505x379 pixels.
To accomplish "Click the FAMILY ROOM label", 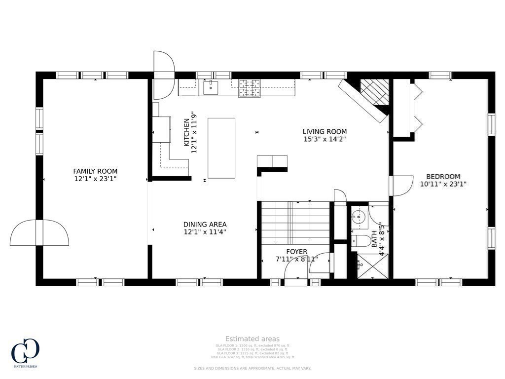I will pyautogui.click(x=96, y=171).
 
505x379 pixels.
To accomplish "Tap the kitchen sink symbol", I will pyautogui.click(x=211, y=88).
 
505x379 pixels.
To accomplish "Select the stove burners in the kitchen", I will pyautogui.click(x=250, y=88).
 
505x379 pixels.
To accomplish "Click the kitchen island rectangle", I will pyautogui.click(x=221, y=148).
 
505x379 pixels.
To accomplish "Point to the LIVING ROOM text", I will pyautogui.click(x=325, y=132).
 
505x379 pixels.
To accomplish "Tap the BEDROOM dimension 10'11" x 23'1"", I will pyautogui.click(x=443, y=184).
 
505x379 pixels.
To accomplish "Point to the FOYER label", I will pyautogui.click(x=297, y=252).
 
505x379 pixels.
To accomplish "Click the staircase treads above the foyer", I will pyautogui.click(x=295, y=222).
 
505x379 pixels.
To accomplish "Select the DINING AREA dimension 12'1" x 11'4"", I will pyautogui.click(x=205, y=232).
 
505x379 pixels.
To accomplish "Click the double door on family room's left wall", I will pyautogui.click(x=39, y=233).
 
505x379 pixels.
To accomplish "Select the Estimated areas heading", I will pyautogui.click(x=252, y=339).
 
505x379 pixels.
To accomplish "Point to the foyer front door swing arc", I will pyautogui.click(x=320, y=265).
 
